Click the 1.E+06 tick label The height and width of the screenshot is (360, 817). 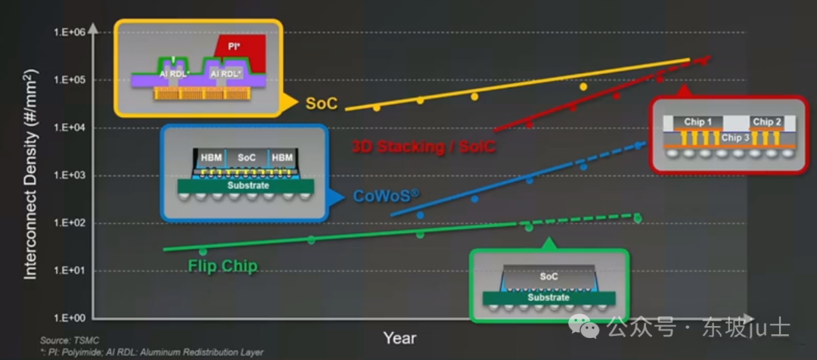pos(70,33)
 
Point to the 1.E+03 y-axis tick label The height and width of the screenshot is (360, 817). pos(70,175)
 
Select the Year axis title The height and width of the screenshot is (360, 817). pos(400,338)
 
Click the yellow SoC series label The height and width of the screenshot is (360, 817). pos(322,104)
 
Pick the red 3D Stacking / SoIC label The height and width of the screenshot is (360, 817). pos(423,147)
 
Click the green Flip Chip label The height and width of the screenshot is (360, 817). pos(222,266)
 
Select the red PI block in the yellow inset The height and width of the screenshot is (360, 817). pos(240,54)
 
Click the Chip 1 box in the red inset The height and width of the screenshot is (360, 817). pos(697,122)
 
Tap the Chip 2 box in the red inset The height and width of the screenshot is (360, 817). pos(767,122)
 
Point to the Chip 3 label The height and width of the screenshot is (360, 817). pos(735,138)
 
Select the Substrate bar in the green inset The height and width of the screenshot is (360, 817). pos(548,298)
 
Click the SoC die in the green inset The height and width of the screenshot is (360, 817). pos(548,276)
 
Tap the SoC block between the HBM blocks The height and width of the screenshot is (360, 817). pos(247,157)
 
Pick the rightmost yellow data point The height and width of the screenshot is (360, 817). pos(583,86)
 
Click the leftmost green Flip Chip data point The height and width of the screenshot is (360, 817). pos(203,252)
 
